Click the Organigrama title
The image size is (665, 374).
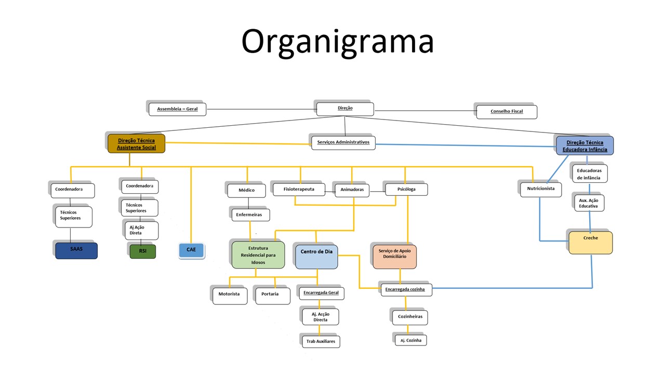click(x=337, y=41)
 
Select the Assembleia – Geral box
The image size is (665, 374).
click(x=178, y=109)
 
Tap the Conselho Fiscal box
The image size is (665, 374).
click(x=507, y=111)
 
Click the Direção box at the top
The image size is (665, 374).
click(x=345, y=109)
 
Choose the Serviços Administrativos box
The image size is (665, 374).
click(x=343, y=142)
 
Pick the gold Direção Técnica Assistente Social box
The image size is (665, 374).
click(x=136, y=144)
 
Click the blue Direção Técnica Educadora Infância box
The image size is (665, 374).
click(x=584, y=145)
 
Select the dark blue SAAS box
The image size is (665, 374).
click(x=76, y=250)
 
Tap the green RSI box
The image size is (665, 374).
click(x=142, y=251)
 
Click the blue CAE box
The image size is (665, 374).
click(x=191, y=250)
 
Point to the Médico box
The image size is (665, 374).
click(x=246, y=190)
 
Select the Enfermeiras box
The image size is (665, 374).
click(x=250, y=214)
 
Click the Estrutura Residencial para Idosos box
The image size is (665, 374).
click(x=258, y=255)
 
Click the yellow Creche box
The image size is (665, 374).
click(x=591, y=243)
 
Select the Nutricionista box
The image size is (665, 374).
click(x=541, y=189)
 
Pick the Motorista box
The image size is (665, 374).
click(x=230, y=295)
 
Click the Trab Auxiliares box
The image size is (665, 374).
click(x=321, y=341)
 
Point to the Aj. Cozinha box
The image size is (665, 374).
click(x=410, y=340)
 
